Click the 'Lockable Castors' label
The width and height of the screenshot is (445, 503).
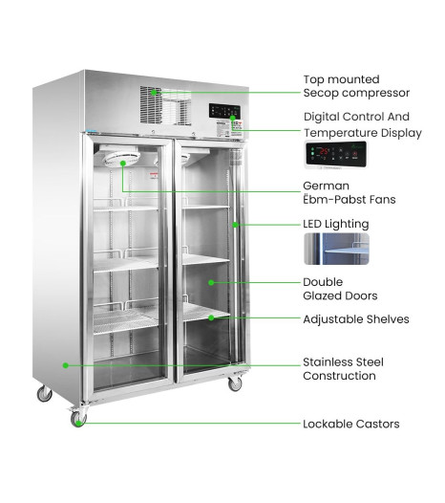(351, 424)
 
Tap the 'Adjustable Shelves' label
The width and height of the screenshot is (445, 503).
(356, 319)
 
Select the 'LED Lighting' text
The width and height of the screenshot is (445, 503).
(336, 224)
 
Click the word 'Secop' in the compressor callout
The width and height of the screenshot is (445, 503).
(321, 93)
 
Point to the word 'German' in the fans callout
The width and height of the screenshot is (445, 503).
(327, 186)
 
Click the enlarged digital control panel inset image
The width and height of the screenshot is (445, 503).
(336, 154)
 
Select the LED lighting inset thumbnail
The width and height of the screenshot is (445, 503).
(336, 249)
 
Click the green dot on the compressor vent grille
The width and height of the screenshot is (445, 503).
(154, 93)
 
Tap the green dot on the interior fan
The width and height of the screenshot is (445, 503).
(122, 164)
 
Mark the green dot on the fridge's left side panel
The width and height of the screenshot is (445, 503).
(65, 365)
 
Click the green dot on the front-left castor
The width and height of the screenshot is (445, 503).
(78, 423)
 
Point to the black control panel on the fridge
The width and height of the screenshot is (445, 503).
(224, 111)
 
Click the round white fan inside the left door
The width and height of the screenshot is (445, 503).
(122, 159)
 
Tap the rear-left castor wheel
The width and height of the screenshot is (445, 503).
(44, 394)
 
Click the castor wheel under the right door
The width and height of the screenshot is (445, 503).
(235, 384)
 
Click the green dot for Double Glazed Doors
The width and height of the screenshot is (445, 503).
(211, 283)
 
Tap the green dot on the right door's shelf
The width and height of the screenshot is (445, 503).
(211, 317)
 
